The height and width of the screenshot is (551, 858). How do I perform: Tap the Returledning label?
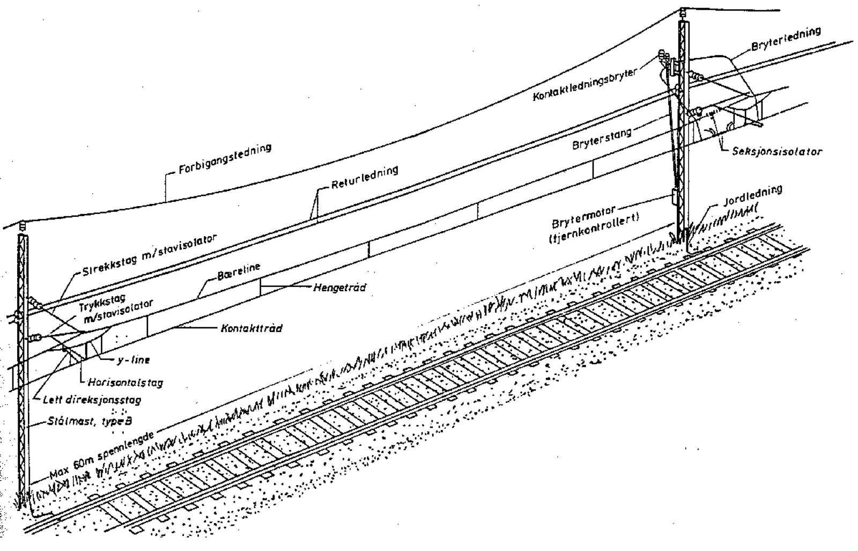pyautogui.click(x=365, y=178)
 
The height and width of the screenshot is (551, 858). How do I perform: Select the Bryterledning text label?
pyautogui.click(x=786, y=39)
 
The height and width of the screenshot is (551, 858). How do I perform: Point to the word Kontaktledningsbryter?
pyautogui.click(x=585, y=84)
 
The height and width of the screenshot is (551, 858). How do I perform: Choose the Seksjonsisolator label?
pyautogui.click(x=777, y=152)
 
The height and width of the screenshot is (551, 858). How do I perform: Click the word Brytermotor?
pyautogui.click(x=583, y=214)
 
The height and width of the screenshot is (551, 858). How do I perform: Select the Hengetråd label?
pyautogui.click(x=340, y=288)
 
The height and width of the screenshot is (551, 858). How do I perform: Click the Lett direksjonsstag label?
pyautogui.click(x=92, y=400)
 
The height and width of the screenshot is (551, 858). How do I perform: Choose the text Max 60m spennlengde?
pyautogui.click(x=102, y=456)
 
